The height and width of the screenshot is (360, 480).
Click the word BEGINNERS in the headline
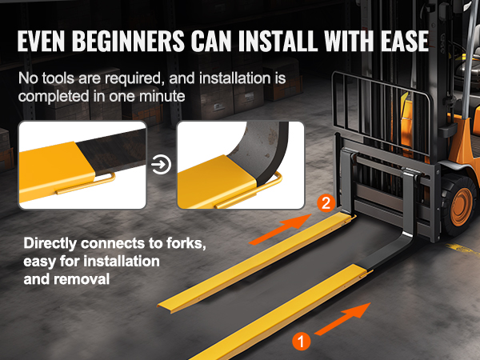pyautogui.click(x=128, y=41)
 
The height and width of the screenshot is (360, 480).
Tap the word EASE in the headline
pyautogui.click(x=405, y=41)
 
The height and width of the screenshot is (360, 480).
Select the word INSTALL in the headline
pyautogui.click(x=278, y=41)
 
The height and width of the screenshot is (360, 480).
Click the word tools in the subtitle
pyautogui.click(x=58, y=78)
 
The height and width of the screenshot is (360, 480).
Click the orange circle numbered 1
pyautogui.click(x=302, y=342)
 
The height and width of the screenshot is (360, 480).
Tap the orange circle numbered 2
pyautogui.click(x=326, y=203)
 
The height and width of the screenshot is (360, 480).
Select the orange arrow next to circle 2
pyautogui.click(x=281, y=230)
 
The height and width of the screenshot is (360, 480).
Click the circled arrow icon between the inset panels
pyautogui.click(x=161, y=164)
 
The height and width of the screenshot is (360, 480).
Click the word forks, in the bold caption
pyautogui.click(x=186, y=243)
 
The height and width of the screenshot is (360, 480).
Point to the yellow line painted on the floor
pyautogui.click(x=463, y=250)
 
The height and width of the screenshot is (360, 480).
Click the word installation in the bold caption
pyautogui.click(x=122, y=262)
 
